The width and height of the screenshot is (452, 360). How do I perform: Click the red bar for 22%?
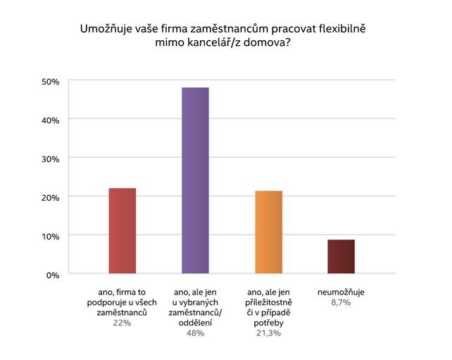122,230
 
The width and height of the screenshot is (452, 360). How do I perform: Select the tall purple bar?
195,180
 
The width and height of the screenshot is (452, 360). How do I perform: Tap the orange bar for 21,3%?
268,232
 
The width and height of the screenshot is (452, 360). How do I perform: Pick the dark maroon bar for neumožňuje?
341,256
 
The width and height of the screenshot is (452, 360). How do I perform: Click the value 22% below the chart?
121,323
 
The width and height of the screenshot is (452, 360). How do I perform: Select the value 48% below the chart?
194,333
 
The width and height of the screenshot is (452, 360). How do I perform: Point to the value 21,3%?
268,333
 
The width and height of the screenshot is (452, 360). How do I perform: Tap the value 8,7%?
341,302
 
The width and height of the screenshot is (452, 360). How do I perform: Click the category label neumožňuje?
341,292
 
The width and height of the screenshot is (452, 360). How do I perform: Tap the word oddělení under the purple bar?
194,322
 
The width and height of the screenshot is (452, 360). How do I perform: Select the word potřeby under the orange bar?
268,322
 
